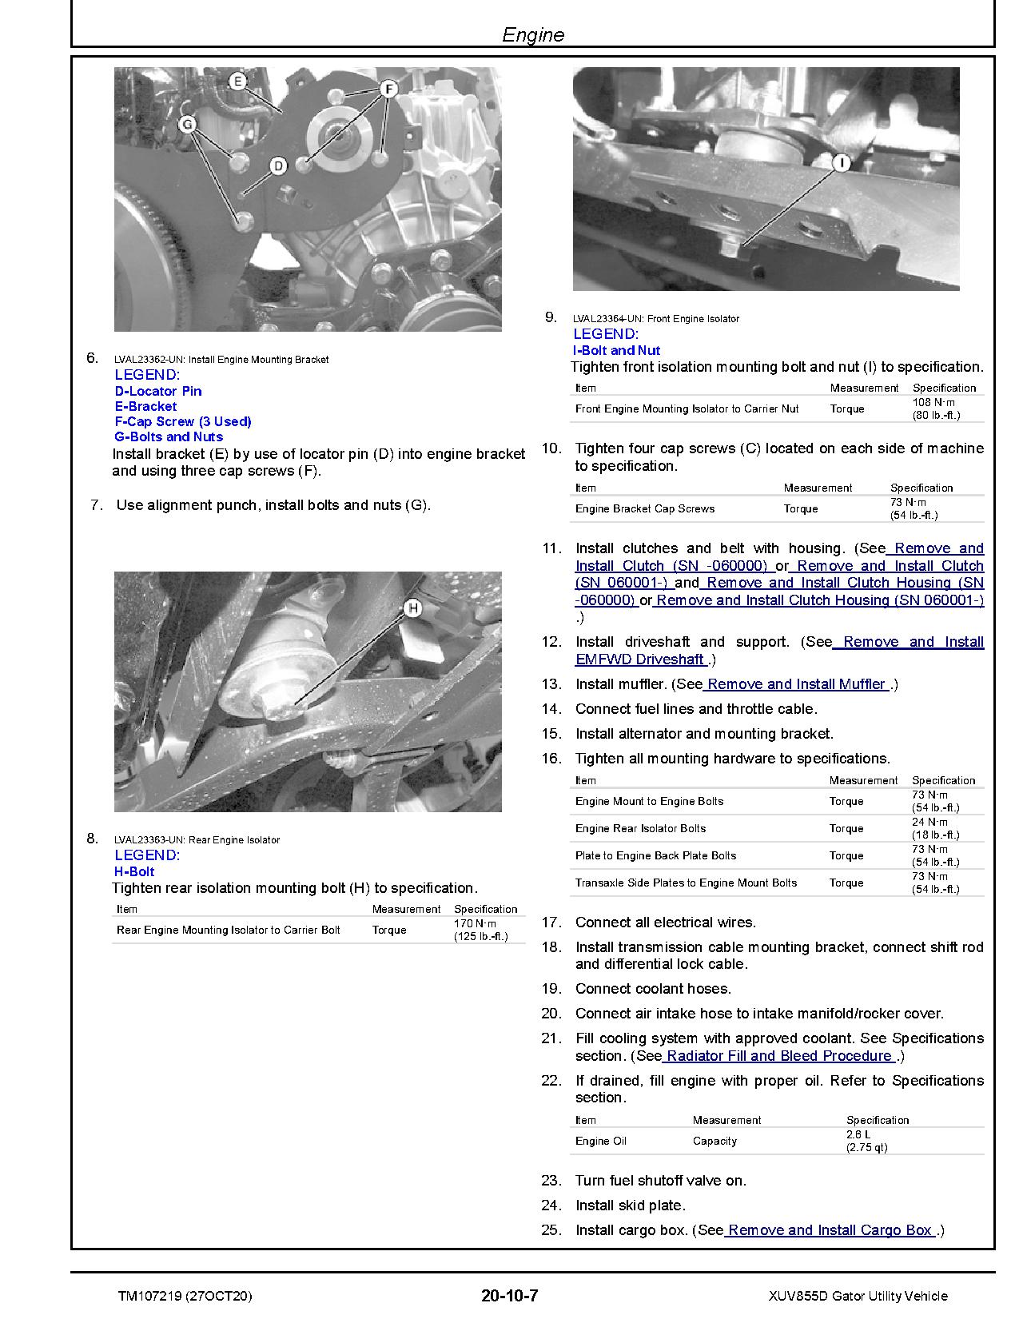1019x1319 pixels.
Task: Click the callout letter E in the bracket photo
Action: (x=237, y=81)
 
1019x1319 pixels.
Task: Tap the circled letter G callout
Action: (x=187, y=124)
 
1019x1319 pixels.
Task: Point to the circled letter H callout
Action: (x=412, y=608)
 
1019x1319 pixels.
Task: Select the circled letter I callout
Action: (x=842, y=163)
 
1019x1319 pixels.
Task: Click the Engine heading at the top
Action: (x=533, y=35)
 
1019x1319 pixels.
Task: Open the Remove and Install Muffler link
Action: (x=796, y=684)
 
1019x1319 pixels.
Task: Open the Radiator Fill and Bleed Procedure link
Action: (x=778, y=1056)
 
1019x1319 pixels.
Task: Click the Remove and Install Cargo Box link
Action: (x=830, y=1230)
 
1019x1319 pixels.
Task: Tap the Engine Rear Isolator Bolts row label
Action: (x=640, y=828)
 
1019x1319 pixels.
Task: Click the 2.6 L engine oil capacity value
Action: (x=858, y=1135)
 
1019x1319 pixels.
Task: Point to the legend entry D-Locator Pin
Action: (x=158, y=391)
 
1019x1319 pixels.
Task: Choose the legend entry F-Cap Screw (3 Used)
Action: (x=183, y=421)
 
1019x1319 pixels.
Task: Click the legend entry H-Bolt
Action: (x=134, y=871)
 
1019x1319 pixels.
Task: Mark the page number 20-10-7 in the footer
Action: (x=515, y=1295)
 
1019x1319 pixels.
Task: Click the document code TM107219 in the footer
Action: (x=149, y=1296)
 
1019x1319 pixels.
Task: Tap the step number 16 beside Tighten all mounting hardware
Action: (x=551, y=759)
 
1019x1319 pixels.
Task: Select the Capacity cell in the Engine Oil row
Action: (x=714, y=1141)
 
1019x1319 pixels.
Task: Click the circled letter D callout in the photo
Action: (x=277, y=165)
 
